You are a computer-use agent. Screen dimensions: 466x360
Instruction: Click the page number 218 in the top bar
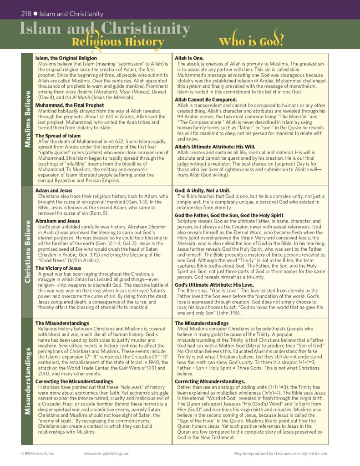(x=26, y=14)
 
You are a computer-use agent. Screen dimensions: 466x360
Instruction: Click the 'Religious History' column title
(x=117, y=42)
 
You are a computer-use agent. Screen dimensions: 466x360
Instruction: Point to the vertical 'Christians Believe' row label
(x=27, y=252)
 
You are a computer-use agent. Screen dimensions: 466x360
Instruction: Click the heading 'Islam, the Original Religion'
(x=66, y=58)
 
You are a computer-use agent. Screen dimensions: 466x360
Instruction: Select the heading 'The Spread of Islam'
(x=58, y=136)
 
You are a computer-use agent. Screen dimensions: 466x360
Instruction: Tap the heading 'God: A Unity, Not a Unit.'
(x=203, y=190)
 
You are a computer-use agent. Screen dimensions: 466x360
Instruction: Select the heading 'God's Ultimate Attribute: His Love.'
(x=215, y=284)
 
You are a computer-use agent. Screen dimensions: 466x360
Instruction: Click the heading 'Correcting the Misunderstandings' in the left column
(x=74, y=381)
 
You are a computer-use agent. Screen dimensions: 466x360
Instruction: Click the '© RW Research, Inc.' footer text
(x=38, y=453)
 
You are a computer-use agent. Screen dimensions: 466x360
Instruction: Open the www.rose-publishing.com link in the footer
(x=106, y=453)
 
